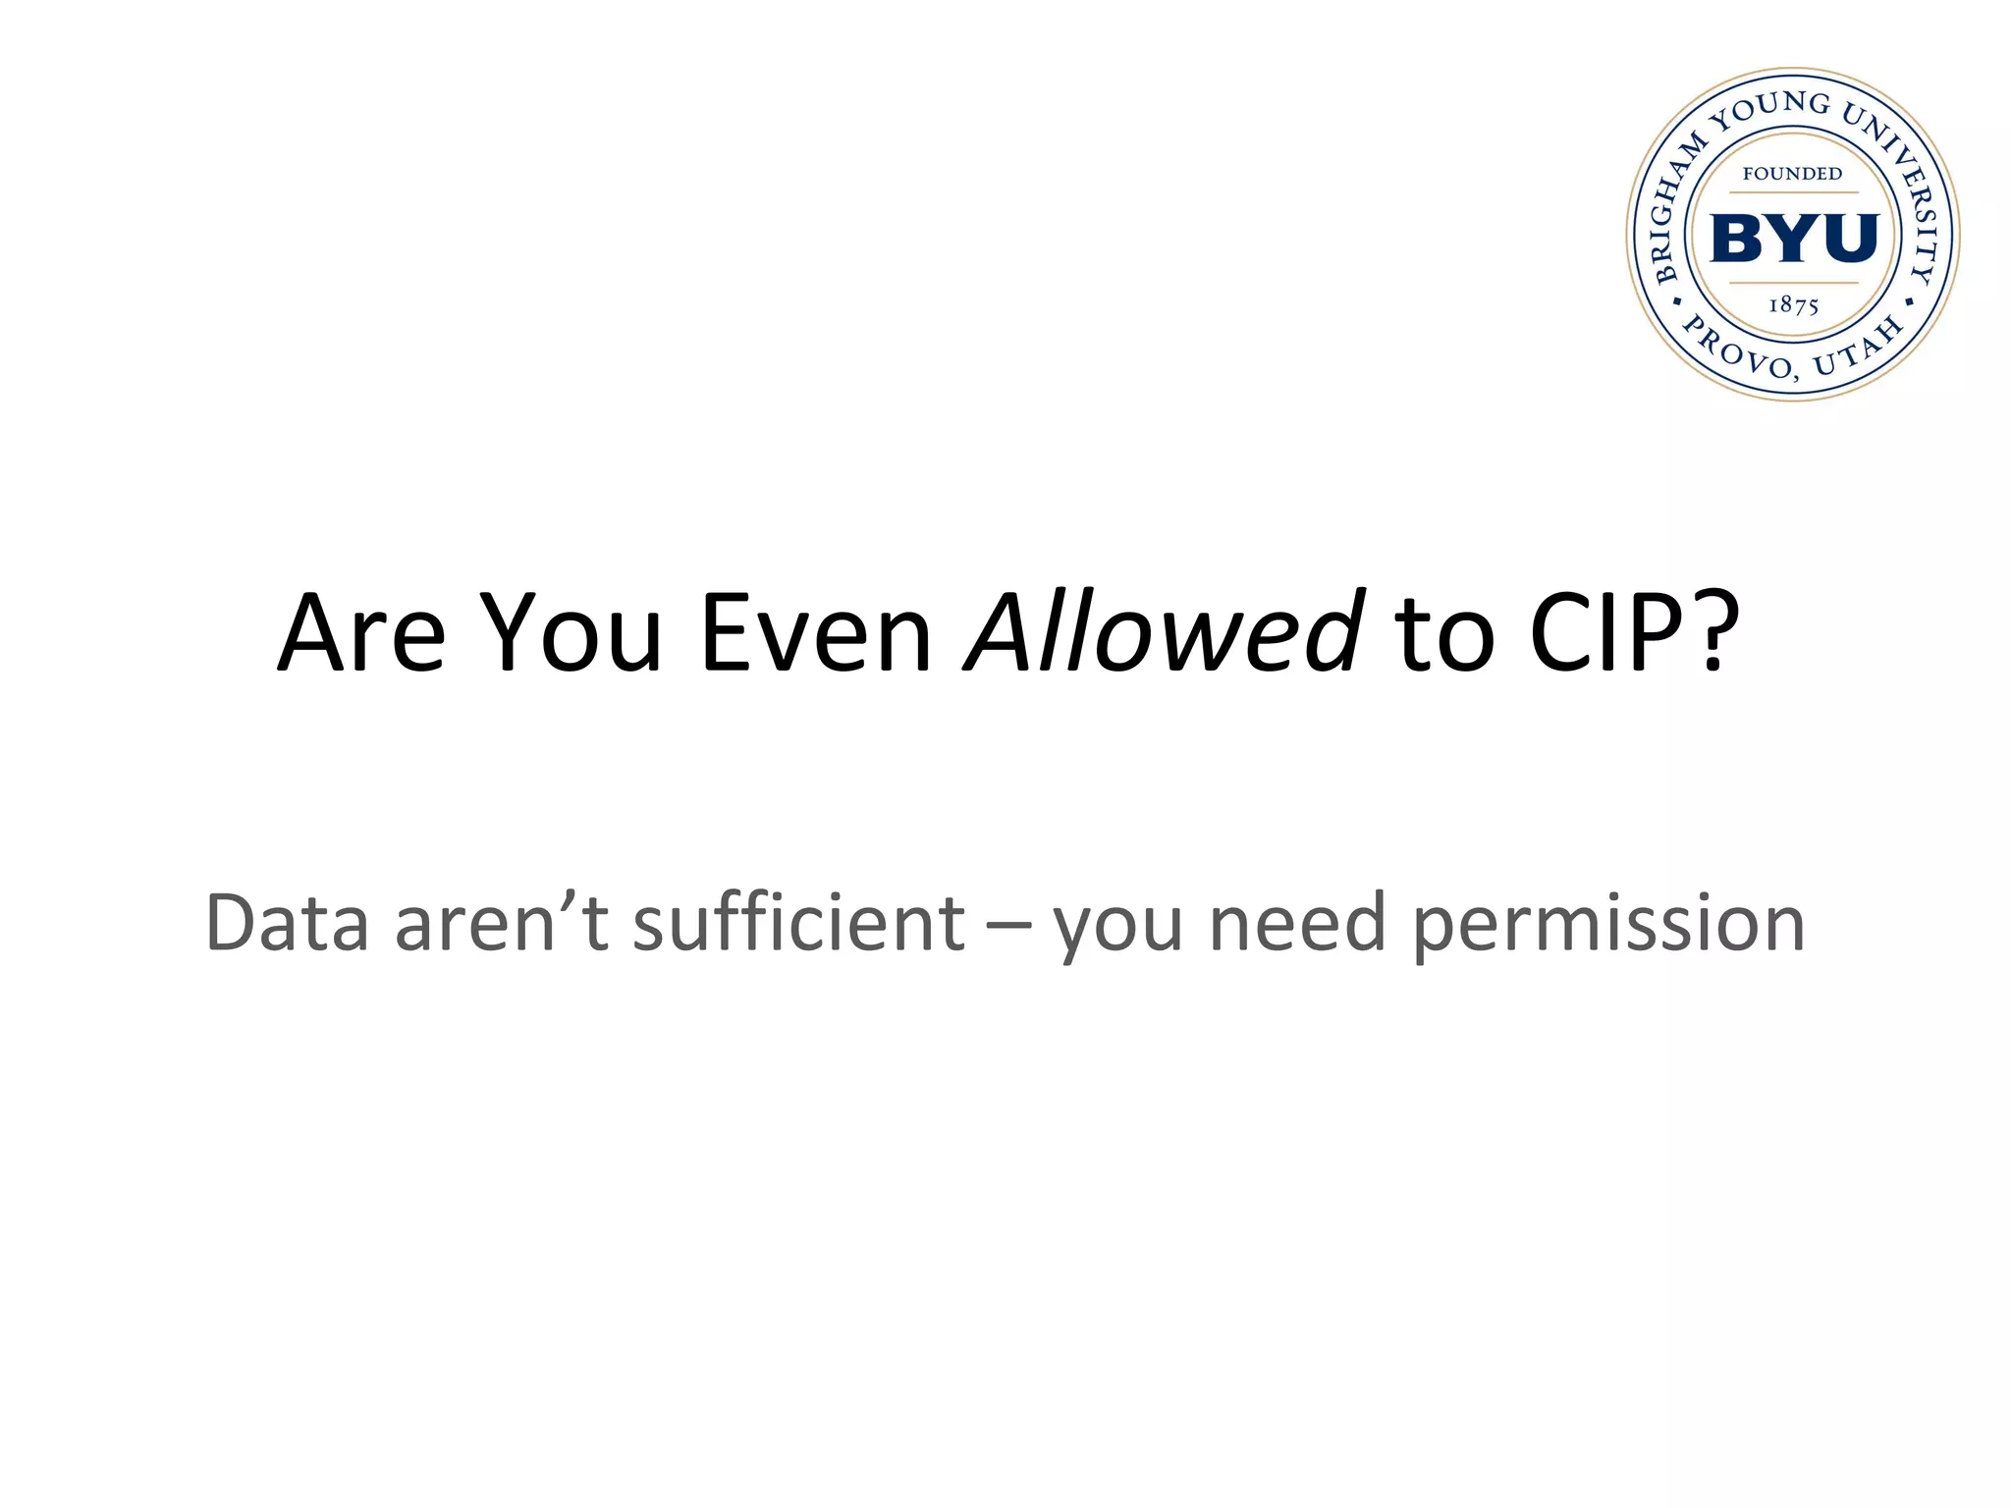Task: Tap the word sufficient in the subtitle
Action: click(798, 923)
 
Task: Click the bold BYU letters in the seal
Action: click(1794, 239)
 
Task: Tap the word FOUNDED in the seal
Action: click(1792, 174)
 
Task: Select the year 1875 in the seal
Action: click(1793, 305)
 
